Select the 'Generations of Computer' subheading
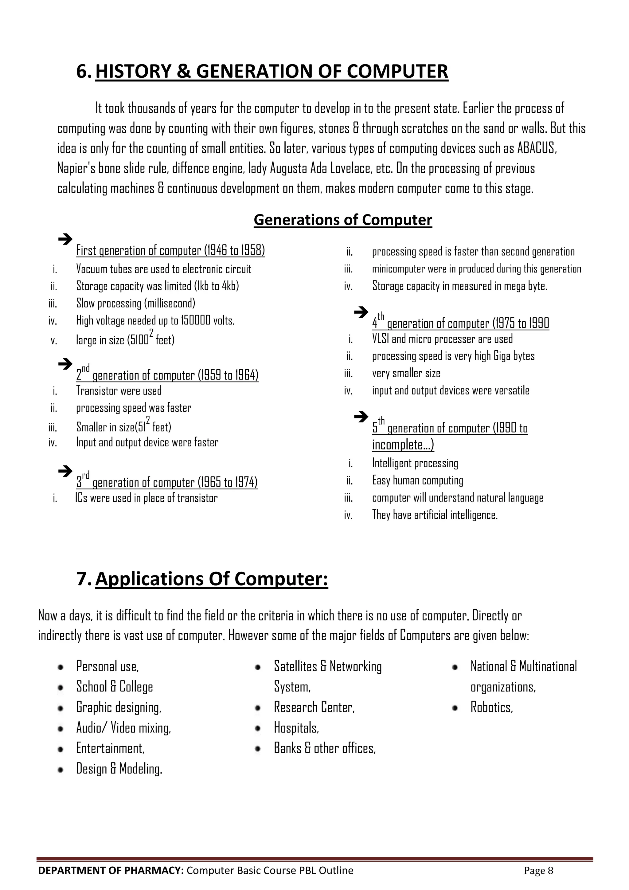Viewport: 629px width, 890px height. coord(342,220)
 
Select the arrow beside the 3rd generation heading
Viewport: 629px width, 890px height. coord(65,471)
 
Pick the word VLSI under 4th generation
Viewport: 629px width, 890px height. coord(380,339)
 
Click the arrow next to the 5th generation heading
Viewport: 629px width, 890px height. coord(361,417)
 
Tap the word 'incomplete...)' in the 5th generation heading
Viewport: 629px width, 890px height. coord(403,445)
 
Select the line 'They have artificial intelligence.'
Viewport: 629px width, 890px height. coord(435,515)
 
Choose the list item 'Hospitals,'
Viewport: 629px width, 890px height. coord(296,728)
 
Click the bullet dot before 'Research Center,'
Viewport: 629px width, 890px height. coord(258,708)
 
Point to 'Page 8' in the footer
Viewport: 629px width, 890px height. coord(538,871)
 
